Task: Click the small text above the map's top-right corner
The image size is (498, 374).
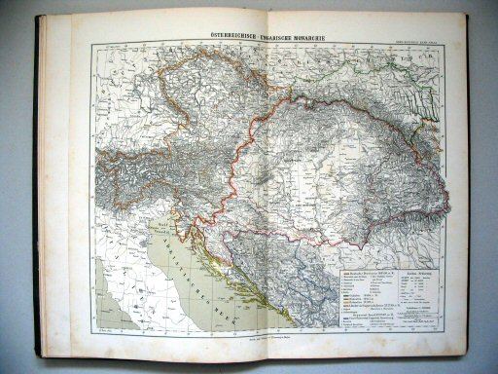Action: pos(427,38)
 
